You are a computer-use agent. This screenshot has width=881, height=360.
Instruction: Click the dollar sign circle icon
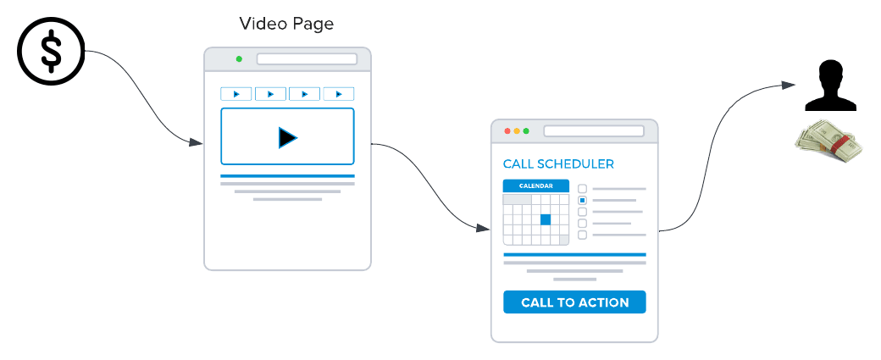coord(52,53)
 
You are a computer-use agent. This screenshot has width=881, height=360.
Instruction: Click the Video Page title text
coord(285,24)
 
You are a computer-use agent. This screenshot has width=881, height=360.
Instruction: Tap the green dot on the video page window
coord(239,59)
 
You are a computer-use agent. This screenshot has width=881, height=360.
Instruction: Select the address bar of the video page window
coord(307,59)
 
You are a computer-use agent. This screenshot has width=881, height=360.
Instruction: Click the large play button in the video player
coord(287,136)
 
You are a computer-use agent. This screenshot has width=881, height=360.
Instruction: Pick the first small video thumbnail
coord(236,94)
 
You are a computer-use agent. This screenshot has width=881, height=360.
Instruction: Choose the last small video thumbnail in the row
coord(338,94)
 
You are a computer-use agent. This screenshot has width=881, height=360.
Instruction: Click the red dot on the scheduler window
coord(508,131)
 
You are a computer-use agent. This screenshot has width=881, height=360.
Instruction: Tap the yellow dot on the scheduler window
coord(517,131)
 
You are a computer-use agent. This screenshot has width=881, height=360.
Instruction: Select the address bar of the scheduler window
coord(593,131)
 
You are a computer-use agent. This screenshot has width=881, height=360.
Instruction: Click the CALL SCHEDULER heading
coord(558,163)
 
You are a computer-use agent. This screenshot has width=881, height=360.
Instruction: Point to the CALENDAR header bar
coord(535,186)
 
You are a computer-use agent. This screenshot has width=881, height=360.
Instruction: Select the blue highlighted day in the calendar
coord(546,219)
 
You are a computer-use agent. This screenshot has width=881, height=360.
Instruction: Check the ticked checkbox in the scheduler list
coord(582,201)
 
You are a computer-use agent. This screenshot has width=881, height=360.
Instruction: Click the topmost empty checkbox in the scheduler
coord(582,189)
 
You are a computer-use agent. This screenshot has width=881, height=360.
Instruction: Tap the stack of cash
coord(828,141)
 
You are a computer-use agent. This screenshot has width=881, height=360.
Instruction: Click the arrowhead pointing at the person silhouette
coord(789,85)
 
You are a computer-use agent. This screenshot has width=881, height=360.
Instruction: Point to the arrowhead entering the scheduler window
coord(483,228)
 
